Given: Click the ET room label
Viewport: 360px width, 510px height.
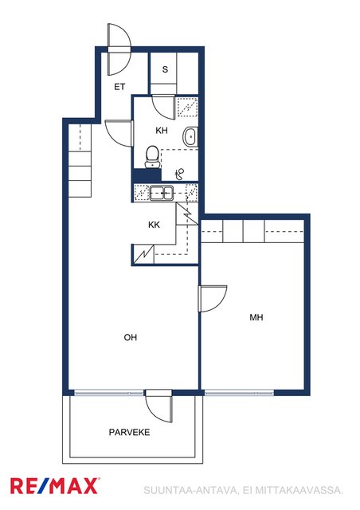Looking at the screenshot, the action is (x=119, y=87).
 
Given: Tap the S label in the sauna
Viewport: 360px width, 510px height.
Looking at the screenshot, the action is (x=165, y=69).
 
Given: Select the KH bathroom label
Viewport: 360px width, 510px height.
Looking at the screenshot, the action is (x=162, y=131).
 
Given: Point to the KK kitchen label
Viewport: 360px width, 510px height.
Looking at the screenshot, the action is (x=155, y=225).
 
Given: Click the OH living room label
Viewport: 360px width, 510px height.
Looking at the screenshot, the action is (x=131, y=337).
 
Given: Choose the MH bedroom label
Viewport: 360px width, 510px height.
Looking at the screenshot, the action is (x=256, y=317).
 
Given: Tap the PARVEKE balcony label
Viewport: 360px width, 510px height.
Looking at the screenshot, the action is (x=130, y=432).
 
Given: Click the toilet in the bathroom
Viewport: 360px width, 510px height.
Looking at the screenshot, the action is (x=152, y=157).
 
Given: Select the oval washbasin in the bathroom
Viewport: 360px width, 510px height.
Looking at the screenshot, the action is (x=190, y=136).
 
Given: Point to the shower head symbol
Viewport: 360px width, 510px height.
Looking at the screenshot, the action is (x=179, y=174).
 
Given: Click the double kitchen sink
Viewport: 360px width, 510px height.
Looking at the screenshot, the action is (x=162, y=193).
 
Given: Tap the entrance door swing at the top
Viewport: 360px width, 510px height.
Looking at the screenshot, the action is (x=119, y=49).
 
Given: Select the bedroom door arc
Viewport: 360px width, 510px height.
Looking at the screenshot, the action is (x=213, y=299).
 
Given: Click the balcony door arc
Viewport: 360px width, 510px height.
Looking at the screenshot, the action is (x=158, y=406).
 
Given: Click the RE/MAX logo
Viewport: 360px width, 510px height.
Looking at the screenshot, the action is (x=54, y=486).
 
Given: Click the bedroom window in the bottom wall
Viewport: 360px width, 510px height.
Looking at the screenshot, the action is (x=240, y=393).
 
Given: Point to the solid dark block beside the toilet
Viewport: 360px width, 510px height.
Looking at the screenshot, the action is (x=147, y=175).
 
